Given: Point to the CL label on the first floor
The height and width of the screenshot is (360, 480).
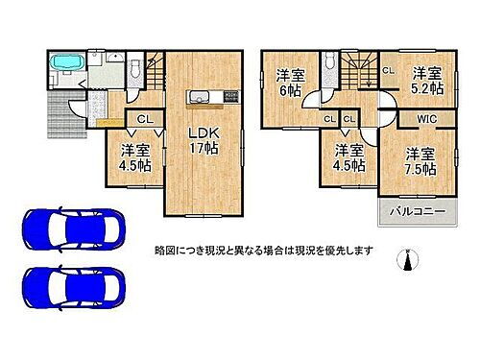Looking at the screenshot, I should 141,119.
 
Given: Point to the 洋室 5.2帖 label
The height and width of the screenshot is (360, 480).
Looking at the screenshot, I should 427,80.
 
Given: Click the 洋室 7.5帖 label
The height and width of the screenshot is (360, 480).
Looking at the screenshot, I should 420,160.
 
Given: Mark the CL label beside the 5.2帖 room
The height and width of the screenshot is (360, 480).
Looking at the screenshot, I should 388,70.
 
